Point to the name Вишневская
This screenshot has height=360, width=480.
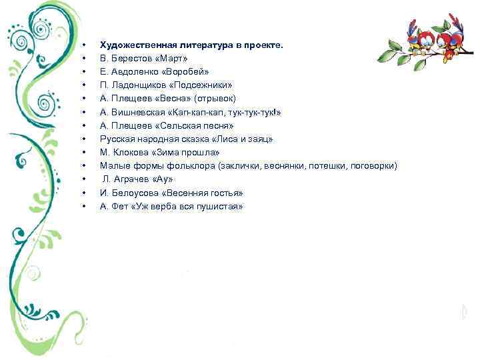(x=137, y=112)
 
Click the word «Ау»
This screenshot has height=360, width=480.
(x=163, y=179)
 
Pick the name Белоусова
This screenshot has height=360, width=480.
(x=133, y=193)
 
